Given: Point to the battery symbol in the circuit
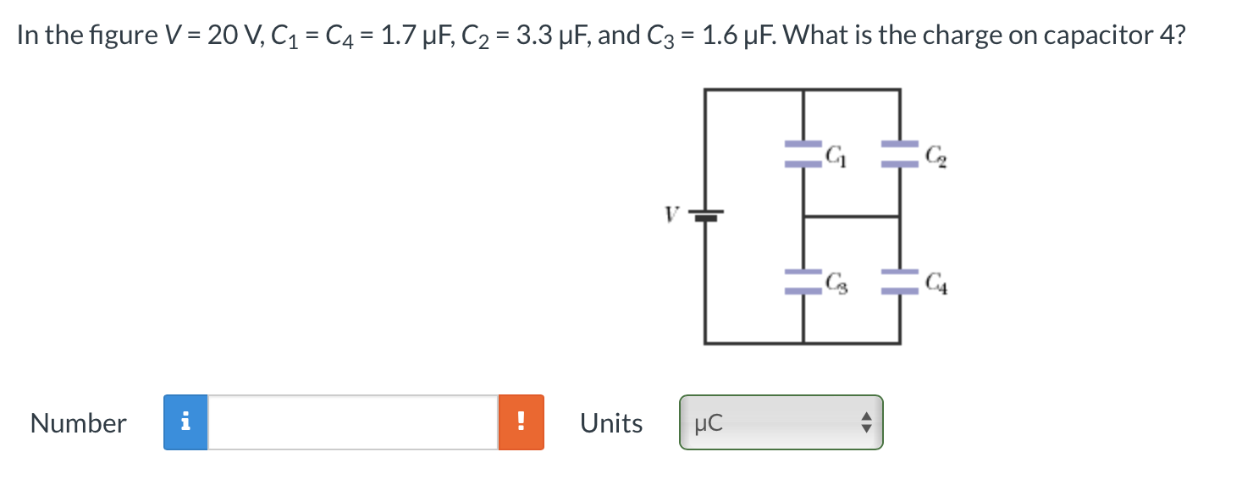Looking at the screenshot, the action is click(705, 216).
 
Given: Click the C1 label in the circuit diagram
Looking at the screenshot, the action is click(835, 155).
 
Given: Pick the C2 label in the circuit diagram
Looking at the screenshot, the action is click(932, 156).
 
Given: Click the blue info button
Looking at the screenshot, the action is click(186, 422).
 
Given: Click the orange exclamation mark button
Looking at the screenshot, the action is click(522, 422).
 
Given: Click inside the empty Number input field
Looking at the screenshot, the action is click(353, 422).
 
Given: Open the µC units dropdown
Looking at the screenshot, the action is click(781, 422).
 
